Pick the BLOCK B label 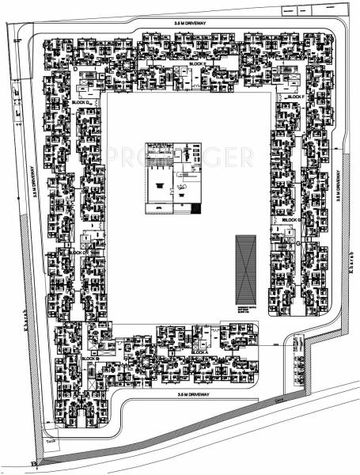tap(89, 359)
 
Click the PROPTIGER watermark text tap(180, 156)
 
